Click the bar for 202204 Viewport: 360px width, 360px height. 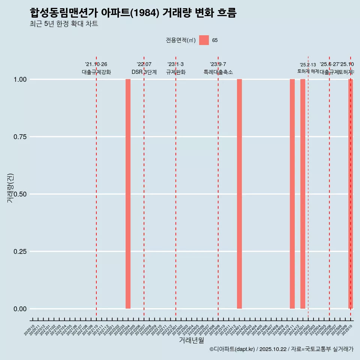128,194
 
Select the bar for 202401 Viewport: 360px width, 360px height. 239,194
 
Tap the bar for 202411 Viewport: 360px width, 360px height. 292,194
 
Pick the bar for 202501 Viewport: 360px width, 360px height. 303,194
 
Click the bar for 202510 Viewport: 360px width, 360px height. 351,194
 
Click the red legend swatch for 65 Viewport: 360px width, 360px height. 204,40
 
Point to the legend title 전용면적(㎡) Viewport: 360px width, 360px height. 181,40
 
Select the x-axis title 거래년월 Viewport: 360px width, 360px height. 191,340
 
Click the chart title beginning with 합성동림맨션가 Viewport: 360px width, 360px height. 133,13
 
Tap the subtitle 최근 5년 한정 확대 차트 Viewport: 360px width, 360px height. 64,24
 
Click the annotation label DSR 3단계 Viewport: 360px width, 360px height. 144,72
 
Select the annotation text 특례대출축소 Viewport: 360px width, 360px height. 218,72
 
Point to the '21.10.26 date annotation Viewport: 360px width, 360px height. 96,64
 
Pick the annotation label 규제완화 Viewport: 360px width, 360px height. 176,72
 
